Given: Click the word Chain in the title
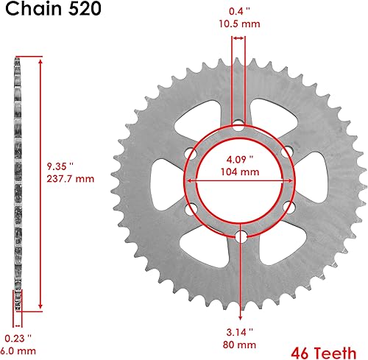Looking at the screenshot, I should coord(29,11).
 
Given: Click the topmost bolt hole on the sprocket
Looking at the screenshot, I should coord(238,127).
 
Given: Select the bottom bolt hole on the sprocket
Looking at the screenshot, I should coord(238,236).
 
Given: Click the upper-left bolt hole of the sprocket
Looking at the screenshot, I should coord(191,154).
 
